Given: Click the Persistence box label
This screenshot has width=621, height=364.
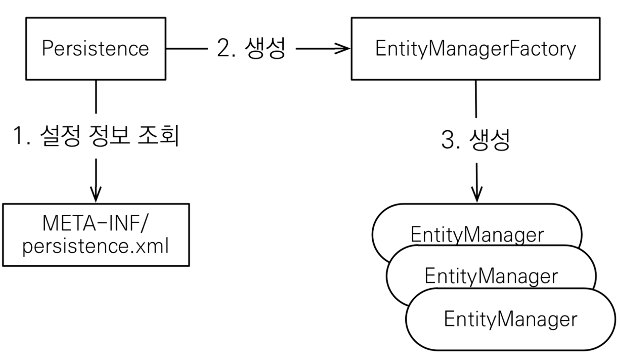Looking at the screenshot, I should pyautogui.click(x=95, y=49).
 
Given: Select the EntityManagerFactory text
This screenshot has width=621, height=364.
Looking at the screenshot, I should pyautogui.click(x=475, y=49).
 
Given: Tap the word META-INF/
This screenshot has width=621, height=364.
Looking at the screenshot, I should pyautogui.click(x=95, y=223).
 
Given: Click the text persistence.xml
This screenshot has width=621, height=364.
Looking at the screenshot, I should pyautogui.click(x=95, y=246).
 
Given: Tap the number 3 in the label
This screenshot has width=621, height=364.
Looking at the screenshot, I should pyautogui.click(x=448, y=140).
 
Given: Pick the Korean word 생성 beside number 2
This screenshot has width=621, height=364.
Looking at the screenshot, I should pyautogui.click(x=265, y=48).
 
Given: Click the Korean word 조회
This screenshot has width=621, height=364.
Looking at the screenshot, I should pyautogui.click(x=158, y=135).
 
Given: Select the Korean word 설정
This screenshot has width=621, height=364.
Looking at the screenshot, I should pyautogui.click(x=60, y=135).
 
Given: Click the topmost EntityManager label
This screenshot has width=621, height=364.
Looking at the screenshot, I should pyautogui.click(x=477, y=235).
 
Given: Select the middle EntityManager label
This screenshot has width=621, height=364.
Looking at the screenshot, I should pyautogui.click(x=491, y=276).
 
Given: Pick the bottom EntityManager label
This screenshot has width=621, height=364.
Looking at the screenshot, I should pyautogui.click(x=510, y=319).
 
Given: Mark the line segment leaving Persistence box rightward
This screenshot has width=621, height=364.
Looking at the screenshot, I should pyautogui.click(x=187, y=49).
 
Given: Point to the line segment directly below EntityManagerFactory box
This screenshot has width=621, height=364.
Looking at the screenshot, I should pyautogui.click(x=476, y=99).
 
